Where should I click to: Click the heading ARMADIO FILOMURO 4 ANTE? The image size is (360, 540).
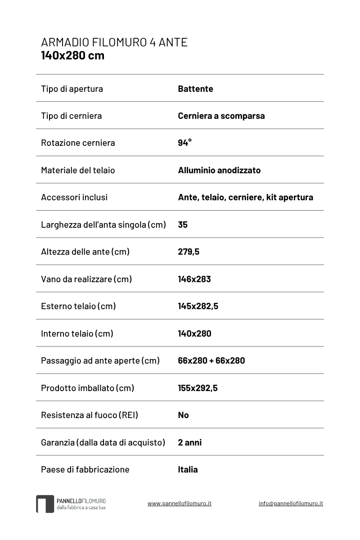click(x=114, y=42)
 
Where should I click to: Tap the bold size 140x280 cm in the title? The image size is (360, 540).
click(x=72, y=55)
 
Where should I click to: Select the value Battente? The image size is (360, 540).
click(x=195, y=89)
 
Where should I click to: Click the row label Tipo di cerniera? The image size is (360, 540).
click(x=71, y=116)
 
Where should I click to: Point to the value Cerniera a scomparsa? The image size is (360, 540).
click(x=221, y=116)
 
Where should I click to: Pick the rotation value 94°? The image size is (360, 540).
click(x=184, y=143)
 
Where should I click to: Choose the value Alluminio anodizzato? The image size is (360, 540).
click(x=219, y=170)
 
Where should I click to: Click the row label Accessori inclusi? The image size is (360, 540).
click(x=74, y=197)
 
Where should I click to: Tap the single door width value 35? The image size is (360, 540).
click(x=183, y=225)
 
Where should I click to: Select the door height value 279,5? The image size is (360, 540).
click(x=189, y=252)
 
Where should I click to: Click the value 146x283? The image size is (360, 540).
click(x=194, y=279)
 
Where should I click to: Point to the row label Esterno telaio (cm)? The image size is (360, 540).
click(x=78, y=306)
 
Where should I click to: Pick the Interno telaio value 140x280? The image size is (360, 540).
click(x=194, y=333)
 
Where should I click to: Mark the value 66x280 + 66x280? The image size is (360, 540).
click(x=211, y=360)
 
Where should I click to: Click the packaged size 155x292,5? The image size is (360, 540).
click(x=198, y=388)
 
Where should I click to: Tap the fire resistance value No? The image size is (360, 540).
click(x=183, y=415)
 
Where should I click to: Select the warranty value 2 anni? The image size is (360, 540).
click(x=190, y=442)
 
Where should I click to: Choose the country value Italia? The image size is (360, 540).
click(x=188, y=469)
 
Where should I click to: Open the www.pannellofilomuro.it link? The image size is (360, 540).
click(x=180, y=503)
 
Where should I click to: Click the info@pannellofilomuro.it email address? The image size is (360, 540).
click(x=291, y=503)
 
